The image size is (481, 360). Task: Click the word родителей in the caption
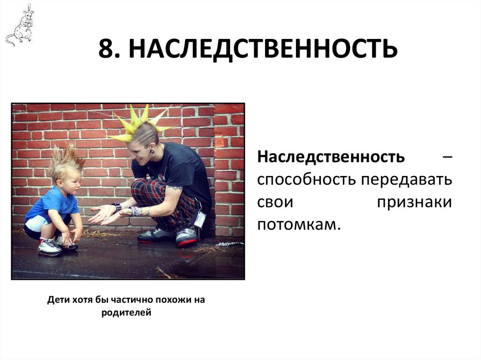[x=126, y=312]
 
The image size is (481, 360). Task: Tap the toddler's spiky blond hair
[x=66, y=160]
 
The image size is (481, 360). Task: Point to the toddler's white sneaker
[x=50, y=247]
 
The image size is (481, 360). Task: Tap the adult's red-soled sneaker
[x=187, y=237]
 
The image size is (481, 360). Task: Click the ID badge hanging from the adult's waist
[x=200, y=219]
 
